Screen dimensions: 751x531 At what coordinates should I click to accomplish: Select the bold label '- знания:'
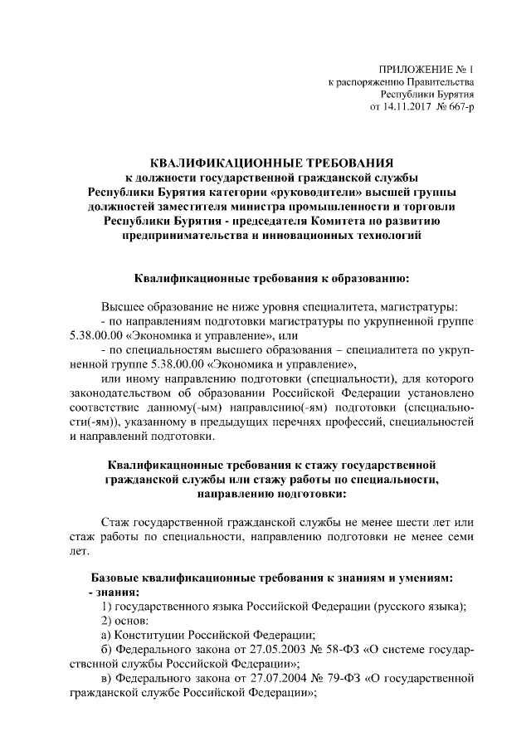(114, 593)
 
